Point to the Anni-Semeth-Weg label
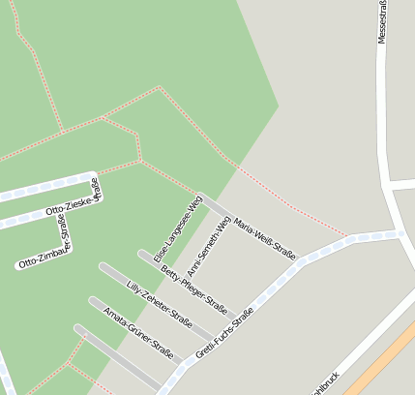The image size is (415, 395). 210,237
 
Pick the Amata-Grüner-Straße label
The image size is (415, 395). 137,331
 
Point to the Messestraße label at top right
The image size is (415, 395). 382,23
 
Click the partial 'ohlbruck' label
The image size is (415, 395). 322,382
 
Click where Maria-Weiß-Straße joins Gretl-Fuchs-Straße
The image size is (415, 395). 299,261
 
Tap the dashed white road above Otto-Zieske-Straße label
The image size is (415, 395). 48,189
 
